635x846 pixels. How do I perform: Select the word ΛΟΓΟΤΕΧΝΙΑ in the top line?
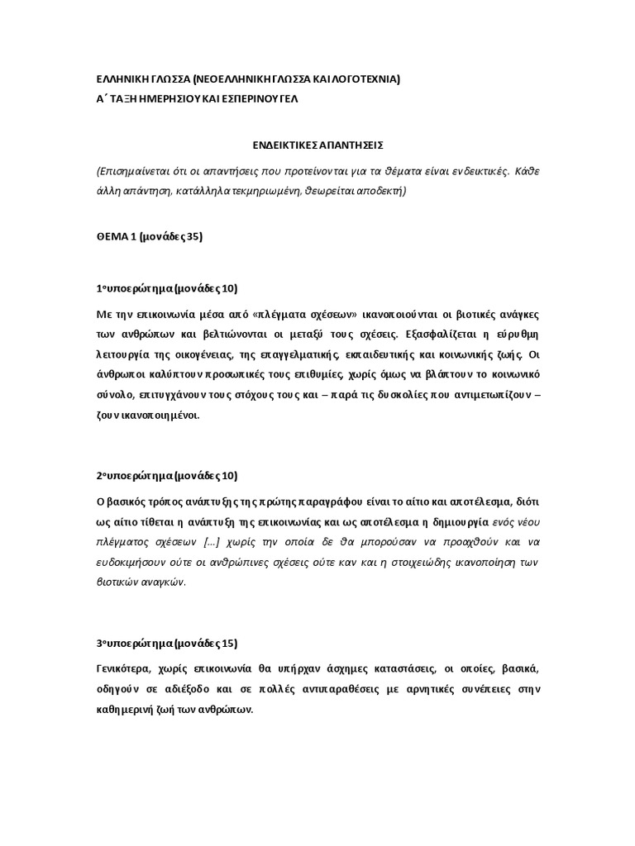click(x=358, y=79)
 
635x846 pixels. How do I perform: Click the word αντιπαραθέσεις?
click(x=379, y=689)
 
